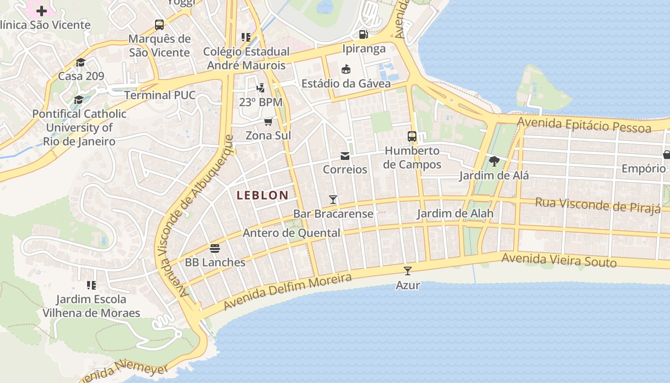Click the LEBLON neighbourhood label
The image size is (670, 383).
pyautogui.click(x=262, y=195)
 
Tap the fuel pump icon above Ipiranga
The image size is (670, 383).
pyautogui.click(x=364, y=34)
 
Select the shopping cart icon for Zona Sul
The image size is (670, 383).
pyautogui.click(x=268, y=122)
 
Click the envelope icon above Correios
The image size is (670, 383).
pyautogui.click(x=345, y=156)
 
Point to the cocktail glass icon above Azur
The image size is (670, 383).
pyautogui.click(x=408, y=271)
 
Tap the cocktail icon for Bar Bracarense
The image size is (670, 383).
pyautogui.click(x=333, y=200)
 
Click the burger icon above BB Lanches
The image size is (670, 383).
pyautogui.click(x=215, y=248)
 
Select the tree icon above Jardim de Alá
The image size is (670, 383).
pyautogui.click(x=494, y=161)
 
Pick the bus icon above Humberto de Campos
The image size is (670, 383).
pyautogui.click(x=412, y=136)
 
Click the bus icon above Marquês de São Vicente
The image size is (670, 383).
pyautogui.click(x=159, y=25)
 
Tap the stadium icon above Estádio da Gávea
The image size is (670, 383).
pyautogui.click(x=346, y=69)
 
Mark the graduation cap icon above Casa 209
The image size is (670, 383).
pyautogui.click(x=80, y=62)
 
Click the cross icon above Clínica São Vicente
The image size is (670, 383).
pyautogui.click(x=42, y=11)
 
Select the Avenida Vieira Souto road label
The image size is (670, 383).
pyautogui.click(x=558, y=260)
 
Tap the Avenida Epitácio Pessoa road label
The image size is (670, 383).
pyautogui.click(x=584, y=124)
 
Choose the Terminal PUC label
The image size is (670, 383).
pyautogui.click(x=160, y=95)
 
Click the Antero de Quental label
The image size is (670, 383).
pyautogui.click(x=291, y=233)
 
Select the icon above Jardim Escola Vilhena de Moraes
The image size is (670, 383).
pyautogui.click(x=91, y=285)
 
